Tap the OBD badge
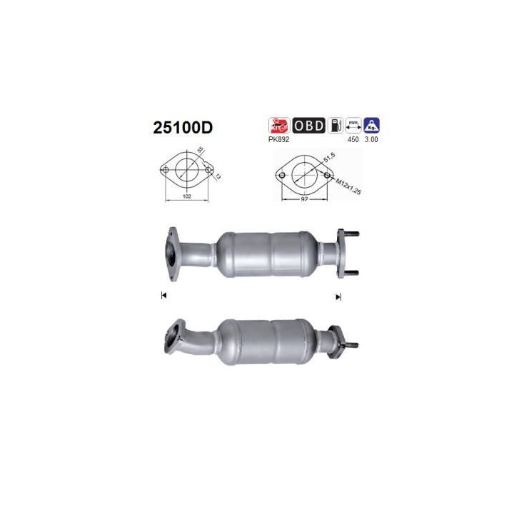(308, 125)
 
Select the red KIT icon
(280, 125)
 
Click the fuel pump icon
(336, 125)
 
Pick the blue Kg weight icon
(372, 125)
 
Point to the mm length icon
(353, 125)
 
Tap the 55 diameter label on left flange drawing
(201, 151)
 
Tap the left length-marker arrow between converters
(164, 296)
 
